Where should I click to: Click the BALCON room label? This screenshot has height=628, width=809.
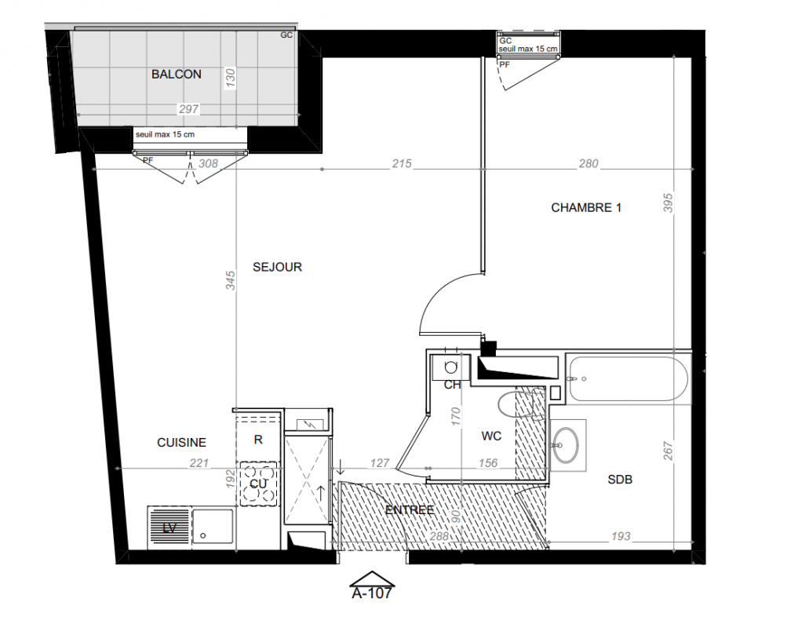point(177,75)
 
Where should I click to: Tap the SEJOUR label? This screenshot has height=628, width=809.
point(277,267)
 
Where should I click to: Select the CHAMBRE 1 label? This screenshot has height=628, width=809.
point(586,207)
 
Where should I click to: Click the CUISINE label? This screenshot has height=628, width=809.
point(181,442)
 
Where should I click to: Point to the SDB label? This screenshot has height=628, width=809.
point(620,480)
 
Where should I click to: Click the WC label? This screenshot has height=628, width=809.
point(491,436)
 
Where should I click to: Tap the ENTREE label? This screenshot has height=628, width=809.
point(410,509)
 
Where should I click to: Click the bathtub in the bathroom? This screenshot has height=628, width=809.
point(628,379)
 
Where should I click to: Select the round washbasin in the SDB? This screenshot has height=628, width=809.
point(566,444)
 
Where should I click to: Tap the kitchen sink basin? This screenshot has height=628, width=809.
point(213,526)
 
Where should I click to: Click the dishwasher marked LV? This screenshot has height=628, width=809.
point(169,528)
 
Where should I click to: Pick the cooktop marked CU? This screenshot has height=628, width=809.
point(259,484)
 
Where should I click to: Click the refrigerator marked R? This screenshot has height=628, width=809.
point(258,439)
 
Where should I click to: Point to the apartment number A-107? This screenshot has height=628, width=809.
point(371,593)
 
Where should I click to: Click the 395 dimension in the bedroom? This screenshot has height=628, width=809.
point(668,203)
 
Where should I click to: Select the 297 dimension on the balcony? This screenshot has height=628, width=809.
point(188,109)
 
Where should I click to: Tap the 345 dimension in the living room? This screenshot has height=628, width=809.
point(230,280)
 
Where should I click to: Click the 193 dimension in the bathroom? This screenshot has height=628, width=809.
point(621,536)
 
